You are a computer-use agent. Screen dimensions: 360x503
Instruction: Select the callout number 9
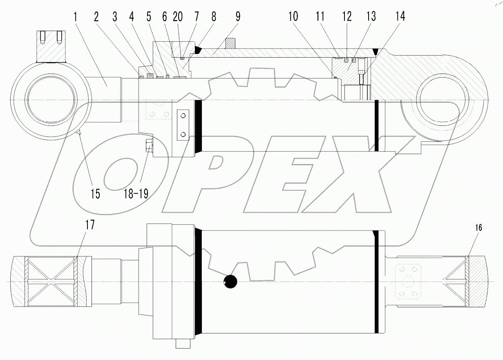coord(238,17)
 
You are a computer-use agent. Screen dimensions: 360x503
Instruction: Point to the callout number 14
coord(400,17)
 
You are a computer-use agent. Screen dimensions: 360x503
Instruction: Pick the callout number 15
coord(95,193)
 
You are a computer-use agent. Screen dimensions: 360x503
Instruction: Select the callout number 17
coord(89,225)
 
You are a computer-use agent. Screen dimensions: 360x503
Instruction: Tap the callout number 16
coord(478,228)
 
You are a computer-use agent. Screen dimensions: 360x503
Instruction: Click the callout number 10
coord(293,17)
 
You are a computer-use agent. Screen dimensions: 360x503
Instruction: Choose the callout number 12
coord(347,17)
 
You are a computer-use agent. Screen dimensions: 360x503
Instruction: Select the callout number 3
coord(116,17)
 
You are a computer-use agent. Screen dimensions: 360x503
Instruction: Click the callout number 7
coord(197,17)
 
